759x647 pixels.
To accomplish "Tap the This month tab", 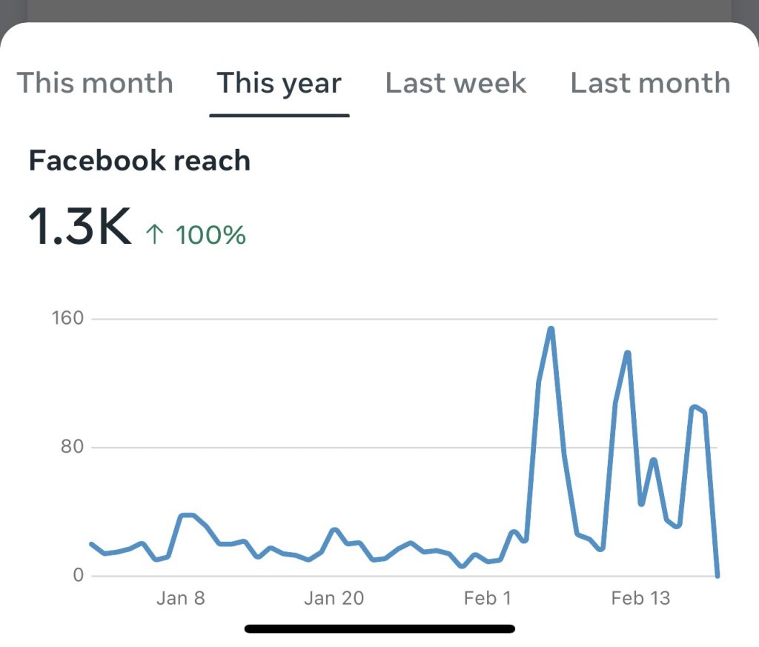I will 95,83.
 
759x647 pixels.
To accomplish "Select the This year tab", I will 279,83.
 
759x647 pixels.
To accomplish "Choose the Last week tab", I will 456,83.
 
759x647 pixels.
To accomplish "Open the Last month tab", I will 650,83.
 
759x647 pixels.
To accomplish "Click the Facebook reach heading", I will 139,161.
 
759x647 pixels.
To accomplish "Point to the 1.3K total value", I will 79,227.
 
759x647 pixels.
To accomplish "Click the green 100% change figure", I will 211,236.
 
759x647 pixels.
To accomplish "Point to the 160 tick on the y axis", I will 67,319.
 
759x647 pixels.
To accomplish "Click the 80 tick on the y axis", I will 72,448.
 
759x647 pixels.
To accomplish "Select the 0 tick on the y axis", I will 77,576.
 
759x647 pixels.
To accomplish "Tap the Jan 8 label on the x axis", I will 180,598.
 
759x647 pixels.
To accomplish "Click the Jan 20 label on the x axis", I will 334,598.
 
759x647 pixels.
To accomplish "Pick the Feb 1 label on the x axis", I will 487,598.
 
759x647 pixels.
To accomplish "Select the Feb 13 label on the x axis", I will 640,598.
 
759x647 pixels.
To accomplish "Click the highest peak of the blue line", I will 551,328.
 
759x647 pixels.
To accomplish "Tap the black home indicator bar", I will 379,629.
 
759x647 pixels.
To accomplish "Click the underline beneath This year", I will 279,116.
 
